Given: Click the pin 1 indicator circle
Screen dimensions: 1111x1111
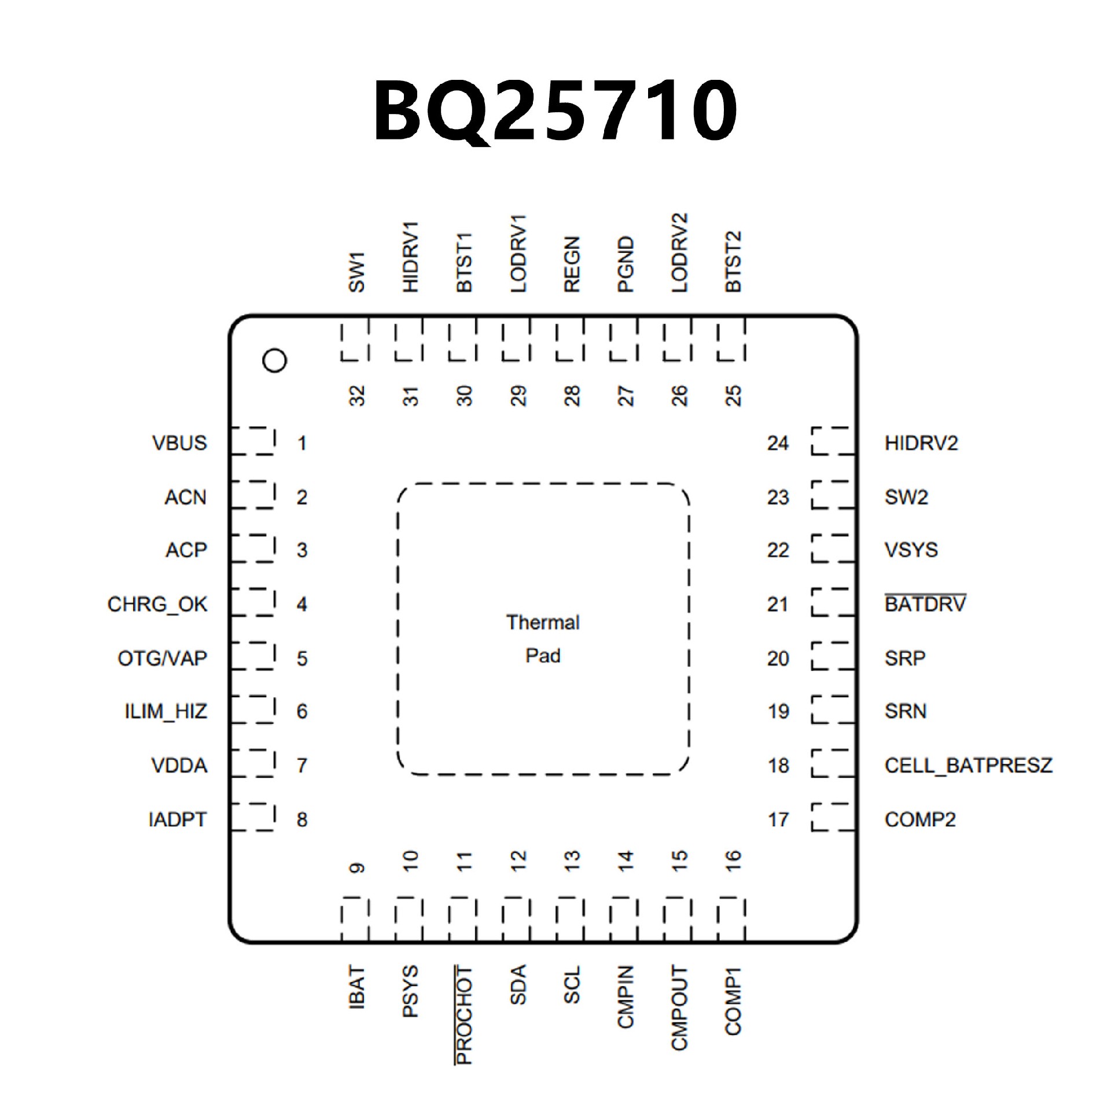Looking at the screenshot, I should pos(274,360).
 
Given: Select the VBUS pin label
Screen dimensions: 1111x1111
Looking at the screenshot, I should pos(179,443).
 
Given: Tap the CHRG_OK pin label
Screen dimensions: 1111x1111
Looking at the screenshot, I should pos(157,605).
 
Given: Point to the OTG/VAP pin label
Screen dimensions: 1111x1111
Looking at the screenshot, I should pos(162,658).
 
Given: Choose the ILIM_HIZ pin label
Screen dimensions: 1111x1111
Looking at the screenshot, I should pos(166,711).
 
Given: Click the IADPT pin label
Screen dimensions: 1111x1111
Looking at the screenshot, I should pos(177,819).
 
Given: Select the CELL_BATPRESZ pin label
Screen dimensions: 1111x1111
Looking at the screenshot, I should pos(968,766).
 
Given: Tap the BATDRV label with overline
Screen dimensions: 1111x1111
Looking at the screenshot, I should pos(925,605).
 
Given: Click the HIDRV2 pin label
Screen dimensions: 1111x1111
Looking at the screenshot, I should pos(921,443).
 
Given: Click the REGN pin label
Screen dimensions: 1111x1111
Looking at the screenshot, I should pos(572,264).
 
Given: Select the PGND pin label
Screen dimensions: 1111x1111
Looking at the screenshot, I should pos(626,264).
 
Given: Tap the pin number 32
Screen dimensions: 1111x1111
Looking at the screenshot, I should pos(357,396).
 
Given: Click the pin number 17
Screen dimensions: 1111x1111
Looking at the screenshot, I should pos(778,819).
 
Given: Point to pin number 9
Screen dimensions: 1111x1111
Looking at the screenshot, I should pos(357,868).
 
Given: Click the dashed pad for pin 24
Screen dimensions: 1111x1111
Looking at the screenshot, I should pos(833,442).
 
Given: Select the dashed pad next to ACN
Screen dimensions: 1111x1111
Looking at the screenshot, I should pos(253,495).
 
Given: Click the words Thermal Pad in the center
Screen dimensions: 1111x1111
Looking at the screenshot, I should pos(543,639).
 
